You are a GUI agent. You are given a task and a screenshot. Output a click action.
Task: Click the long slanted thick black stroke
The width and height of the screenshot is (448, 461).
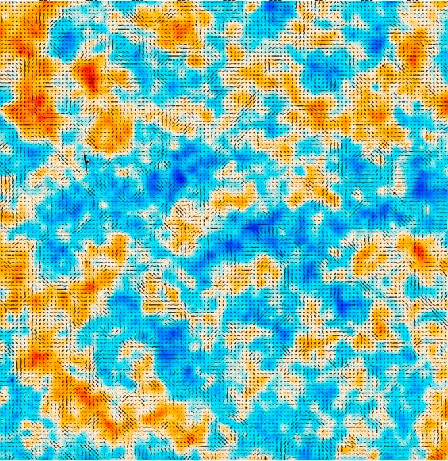click(86, 163)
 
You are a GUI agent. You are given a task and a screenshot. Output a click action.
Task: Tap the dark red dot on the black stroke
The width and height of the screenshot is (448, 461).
click(85, 157)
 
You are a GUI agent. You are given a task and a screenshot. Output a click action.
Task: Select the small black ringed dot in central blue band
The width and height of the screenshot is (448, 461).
click(246, 223)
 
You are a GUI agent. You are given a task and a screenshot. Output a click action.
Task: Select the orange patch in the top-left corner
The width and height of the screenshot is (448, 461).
click(20, 26)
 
